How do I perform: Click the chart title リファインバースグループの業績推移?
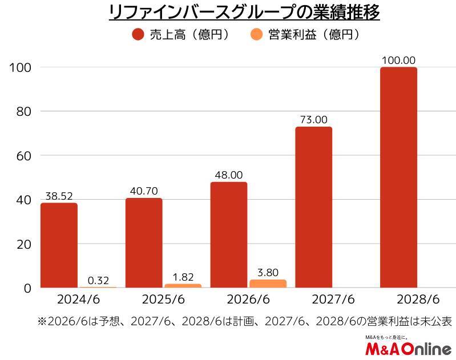(244, 13)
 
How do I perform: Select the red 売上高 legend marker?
(138, 34)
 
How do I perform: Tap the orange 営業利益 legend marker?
(257, 34)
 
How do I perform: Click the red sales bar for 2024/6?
(59, 245)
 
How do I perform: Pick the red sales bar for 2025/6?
(144, 243)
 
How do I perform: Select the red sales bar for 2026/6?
(229, 235)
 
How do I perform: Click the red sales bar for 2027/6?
(313, 207)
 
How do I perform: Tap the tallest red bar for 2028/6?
(398, 177)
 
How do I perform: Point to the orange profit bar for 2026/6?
(268, 284)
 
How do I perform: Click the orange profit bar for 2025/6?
(183, 286)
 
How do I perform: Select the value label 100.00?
(398, 60)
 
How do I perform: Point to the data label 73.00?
(313, 119)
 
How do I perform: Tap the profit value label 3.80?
(268, 273)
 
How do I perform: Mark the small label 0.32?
(98, 280)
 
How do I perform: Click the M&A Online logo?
(407, 348)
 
